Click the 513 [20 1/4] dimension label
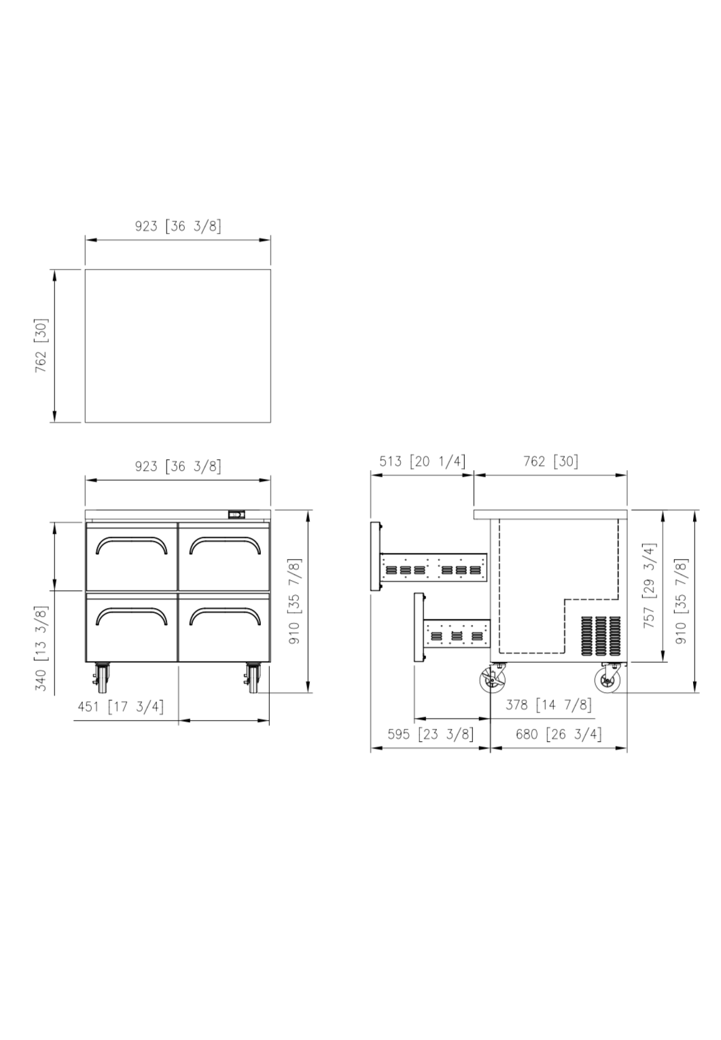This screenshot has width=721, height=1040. tap(422, 461)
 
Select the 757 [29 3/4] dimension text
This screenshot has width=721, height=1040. tap(649, 586)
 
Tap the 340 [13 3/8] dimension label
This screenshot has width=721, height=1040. tap(41, 648)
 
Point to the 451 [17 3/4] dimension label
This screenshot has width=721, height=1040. tap(121, 706)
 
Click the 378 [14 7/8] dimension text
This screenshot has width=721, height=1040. tap(548, 705)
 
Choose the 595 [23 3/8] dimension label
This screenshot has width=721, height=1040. tap(431, 734)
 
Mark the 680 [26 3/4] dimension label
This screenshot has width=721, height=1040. tap(559, 734)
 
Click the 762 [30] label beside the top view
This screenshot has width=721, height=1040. tap(41, 346)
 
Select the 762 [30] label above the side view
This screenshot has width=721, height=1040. tap(551, 461)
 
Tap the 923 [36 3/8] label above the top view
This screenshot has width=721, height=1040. tap(178, 226)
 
